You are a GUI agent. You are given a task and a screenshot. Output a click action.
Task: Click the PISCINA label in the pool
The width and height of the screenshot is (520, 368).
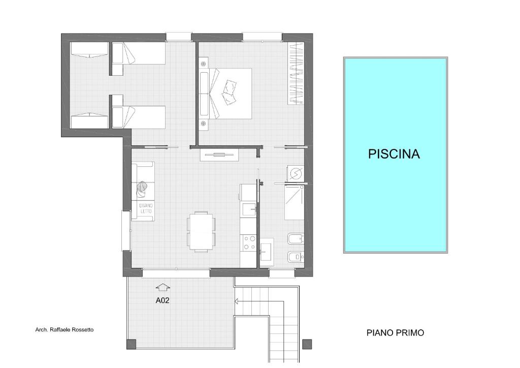394,154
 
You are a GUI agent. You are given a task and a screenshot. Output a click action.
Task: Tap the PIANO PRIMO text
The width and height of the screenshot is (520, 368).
395,333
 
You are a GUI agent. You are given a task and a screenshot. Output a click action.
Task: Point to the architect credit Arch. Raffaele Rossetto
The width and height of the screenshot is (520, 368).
64,330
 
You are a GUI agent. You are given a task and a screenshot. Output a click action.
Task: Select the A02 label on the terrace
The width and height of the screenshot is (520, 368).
162,300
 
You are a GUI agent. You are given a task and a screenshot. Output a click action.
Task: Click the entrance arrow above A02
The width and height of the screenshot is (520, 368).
163,287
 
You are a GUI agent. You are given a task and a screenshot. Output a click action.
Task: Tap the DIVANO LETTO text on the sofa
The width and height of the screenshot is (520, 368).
146,208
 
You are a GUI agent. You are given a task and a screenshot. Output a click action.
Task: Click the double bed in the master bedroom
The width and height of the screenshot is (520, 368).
225,94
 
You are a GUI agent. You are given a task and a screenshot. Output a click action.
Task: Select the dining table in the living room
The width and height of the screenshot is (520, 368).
201,231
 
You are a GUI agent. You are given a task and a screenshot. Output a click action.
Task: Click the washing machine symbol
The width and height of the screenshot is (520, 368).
295,173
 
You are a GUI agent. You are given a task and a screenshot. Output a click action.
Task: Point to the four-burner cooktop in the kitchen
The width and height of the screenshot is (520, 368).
249,242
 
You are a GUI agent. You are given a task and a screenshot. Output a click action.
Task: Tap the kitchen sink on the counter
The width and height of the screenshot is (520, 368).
249,210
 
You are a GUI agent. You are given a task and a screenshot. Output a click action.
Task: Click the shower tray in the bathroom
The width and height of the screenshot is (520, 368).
294,202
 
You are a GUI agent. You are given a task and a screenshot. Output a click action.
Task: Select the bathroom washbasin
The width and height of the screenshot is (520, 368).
267,252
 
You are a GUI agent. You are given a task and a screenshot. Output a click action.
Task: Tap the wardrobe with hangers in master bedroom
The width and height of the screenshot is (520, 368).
296,74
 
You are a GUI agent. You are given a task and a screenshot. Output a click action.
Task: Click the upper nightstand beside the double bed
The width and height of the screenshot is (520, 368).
203,63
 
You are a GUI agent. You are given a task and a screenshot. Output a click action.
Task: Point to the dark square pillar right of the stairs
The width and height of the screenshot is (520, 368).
307,344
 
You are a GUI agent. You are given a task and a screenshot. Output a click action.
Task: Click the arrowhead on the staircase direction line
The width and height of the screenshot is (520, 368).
237,301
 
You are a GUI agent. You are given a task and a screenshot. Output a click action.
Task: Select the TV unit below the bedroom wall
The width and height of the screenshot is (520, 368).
219,155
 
